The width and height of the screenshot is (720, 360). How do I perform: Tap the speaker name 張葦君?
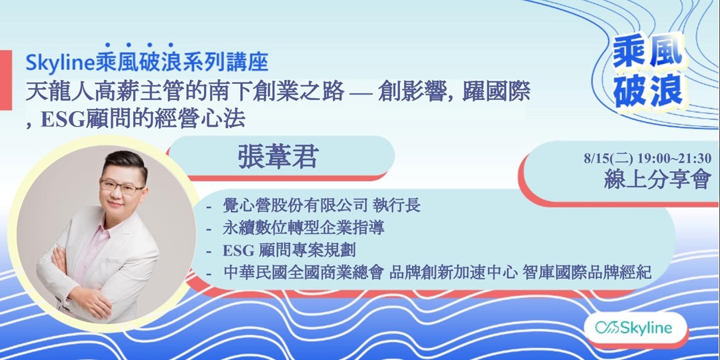pyautogui.click(x=279, y=157)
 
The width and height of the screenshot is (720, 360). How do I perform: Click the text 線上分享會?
pyautogui.click(x=657, y=179)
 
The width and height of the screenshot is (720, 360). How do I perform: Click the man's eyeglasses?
pyautogui.click(x=121, y=185)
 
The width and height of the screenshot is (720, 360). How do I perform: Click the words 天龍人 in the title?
pyautogui.click(x=53, y=89)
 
